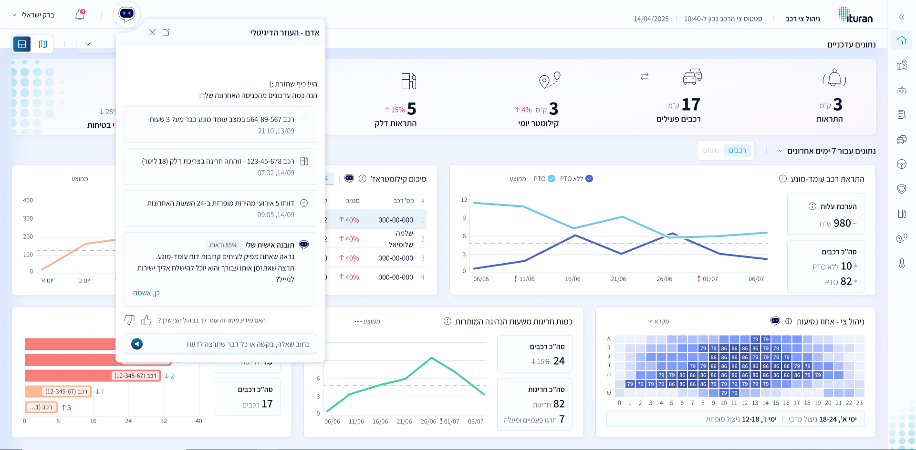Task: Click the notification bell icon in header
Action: pos(80,15)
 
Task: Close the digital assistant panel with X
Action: pos(152,32)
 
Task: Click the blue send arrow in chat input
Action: pos(137,344)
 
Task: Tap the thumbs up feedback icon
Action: pos(146,320)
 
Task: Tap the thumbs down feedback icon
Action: pos(129,320)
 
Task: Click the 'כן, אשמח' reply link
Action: pos(146,293)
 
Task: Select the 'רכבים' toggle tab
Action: pos(737,151)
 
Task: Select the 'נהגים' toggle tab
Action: pos(710,151)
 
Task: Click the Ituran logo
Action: pos(855,15)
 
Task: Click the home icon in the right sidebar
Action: pos(901,41)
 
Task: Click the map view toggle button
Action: pos(43,44)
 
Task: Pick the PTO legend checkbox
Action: pos(552,179)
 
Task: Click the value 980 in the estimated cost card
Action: pos(842,223)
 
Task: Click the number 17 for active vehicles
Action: pos(690,104)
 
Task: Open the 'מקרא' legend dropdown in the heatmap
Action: pos(658,321)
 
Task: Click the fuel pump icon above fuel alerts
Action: pos(408,81)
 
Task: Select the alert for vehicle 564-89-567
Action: pos(220,124)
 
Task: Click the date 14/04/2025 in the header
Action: pos(651,19)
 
